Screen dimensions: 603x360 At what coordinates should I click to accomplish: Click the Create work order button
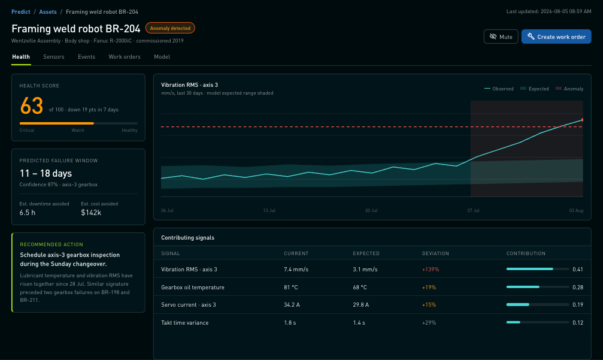pos(556,37)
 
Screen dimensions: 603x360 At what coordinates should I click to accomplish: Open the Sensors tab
pos(54,57)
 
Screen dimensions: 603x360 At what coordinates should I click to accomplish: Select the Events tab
pos(86,57)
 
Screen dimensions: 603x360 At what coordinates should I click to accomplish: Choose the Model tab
pos(162,57)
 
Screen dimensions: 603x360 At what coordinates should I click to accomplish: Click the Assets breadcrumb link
pos(48,12)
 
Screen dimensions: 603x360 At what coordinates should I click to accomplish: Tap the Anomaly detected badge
pos(170,28)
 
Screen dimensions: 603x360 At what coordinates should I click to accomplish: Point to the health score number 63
pos(32,106)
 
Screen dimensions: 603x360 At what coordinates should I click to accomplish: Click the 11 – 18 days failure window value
pos(46,174)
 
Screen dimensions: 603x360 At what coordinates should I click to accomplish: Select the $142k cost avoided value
pos(91,213)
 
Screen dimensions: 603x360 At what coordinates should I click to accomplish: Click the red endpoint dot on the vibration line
pos(583,120)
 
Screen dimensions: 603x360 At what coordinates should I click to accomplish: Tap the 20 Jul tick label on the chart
pos(371,210)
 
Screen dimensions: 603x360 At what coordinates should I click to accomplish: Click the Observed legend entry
pos(499,89)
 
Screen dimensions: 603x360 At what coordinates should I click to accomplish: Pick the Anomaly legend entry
pos(569,89)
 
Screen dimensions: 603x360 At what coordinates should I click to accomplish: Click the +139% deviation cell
pos(431,270)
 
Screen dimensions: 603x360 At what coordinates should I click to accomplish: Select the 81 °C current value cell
pos(291,288)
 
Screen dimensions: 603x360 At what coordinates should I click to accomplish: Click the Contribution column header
pos(526,253)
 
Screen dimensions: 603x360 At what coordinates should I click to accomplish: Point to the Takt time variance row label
pos(184,323)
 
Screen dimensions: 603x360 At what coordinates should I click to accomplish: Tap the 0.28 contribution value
pos(578,288)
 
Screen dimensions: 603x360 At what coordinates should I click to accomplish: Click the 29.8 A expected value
pos(360,305)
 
